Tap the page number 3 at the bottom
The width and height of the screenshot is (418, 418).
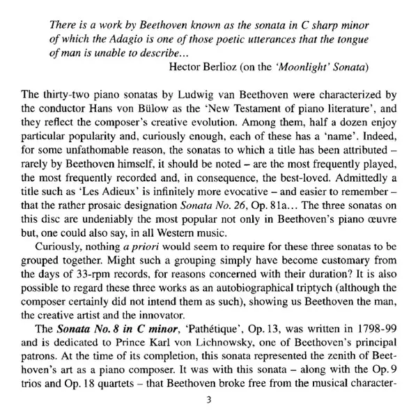coord(209,401)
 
